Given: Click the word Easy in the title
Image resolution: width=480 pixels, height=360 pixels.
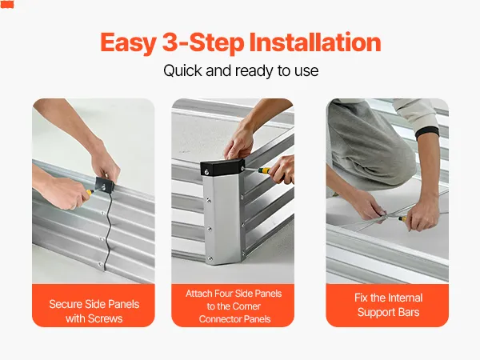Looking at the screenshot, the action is [129, 43].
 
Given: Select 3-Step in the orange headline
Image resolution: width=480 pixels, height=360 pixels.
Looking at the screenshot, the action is [203, 43].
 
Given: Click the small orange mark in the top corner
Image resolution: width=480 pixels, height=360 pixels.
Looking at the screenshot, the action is [7, 5].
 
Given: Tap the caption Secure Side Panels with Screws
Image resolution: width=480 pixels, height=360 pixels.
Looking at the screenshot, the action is [94, 311].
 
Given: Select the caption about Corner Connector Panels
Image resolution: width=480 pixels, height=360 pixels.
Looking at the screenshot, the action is [234, 306].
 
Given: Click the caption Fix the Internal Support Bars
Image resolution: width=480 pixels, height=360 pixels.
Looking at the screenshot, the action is [388, 305].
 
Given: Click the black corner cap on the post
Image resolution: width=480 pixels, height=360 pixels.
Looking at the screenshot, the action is [222, 167].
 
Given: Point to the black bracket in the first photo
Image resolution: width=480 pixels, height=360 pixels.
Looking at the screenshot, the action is [104, 185].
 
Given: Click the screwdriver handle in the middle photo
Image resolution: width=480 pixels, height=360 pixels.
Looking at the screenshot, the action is [265, 170].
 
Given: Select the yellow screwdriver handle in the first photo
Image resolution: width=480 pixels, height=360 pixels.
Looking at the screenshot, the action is [89, 192].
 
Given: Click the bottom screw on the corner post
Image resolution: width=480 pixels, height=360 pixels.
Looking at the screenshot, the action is [210, 258].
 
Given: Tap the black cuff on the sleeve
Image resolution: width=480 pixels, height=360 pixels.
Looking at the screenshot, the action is [428, 133].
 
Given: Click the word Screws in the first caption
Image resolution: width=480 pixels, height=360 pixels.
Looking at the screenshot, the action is [105, 318].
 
